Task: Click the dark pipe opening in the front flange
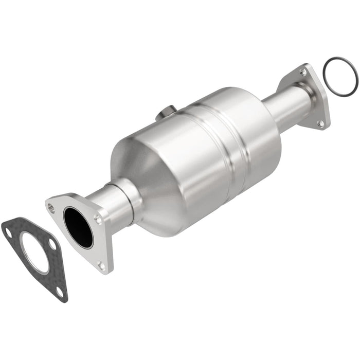[x=78, y=226]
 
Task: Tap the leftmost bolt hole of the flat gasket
[x=8, y=232]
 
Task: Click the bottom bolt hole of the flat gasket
[x=60, y=292]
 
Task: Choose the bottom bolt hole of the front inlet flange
[x=101, y=265]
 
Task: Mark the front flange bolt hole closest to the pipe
[x=98, y=220]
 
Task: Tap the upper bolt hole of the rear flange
[x=303, y=73]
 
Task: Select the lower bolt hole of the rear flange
[x=320, y=123]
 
